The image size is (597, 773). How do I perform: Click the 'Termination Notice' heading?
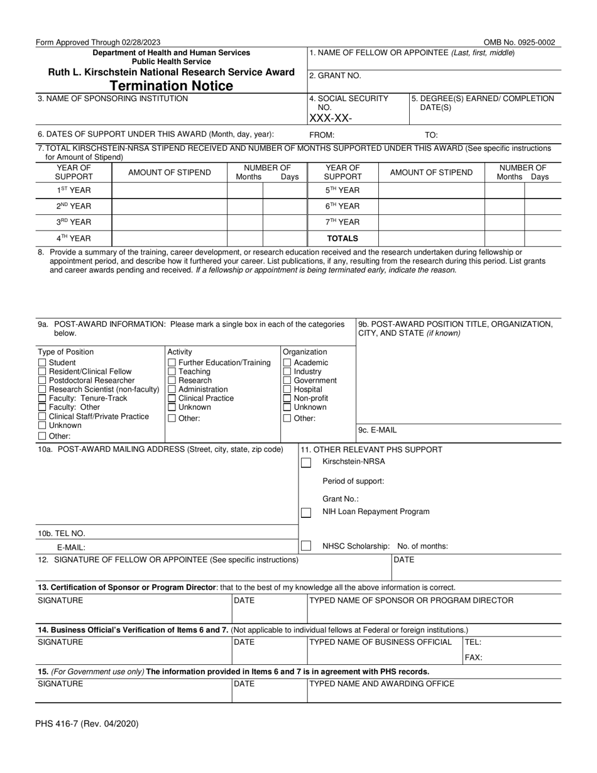[x=172, y=86]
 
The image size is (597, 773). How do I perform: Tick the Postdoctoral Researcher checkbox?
[x=42, y=380]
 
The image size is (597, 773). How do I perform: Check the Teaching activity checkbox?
[x=172, y=371]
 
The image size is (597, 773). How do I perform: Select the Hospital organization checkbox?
[x=287, y=389]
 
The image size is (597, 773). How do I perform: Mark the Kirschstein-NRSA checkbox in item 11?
[x=306, y=463]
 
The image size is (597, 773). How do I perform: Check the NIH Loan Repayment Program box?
[x=306, y=512]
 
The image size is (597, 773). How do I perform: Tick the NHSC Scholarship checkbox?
[x=306, y=546]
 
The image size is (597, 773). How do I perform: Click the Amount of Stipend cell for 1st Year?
[x=169, y=190]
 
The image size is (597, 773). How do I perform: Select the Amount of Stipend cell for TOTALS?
[x=431, y=239]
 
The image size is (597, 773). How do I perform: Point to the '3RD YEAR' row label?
[x=74, y=222]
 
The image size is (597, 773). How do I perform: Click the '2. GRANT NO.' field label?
[x=335, y=75]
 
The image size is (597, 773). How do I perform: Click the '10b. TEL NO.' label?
[x=61, y=533]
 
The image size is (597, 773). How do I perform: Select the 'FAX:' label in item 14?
[x=473, y=657]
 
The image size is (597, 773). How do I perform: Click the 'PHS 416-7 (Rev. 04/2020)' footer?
[x=87, y=723]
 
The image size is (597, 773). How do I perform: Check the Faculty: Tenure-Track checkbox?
[x=42, y=398]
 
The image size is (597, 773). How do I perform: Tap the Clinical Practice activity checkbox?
[x=172, y=398]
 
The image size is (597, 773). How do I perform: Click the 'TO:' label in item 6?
[x=431, y=134]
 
